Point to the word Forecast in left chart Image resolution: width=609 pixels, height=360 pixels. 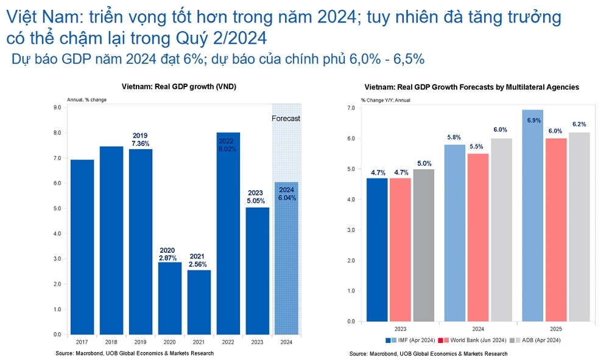(286, 119)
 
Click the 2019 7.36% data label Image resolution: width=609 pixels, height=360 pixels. (141, 139)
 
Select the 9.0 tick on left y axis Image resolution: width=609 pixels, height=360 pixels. (57, 108)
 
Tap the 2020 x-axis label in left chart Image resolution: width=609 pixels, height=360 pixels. (170, 342)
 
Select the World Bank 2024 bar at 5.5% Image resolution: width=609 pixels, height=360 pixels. (479, 237)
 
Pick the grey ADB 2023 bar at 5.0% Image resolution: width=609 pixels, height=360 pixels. (424, 245)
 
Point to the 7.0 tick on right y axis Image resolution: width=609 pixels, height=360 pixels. (351, 108)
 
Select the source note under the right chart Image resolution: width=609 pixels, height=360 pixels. (428, 354)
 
